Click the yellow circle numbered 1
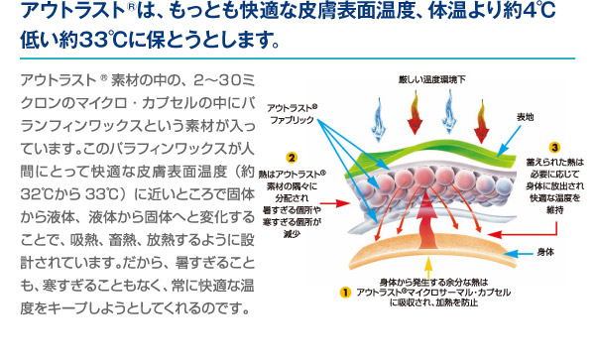coord(345,293)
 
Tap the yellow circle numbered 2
coord(292,158)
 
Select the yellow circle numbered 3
coord(554,147)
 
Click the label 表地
coord(526,117)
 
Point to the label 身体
coord(545,252)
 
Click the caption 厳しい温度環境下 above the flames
coord(431,79)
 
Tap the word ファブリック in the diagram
coord(293,120)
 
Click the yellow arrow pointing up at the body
coord(428,269)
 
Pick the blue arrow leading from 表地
coord(509,141)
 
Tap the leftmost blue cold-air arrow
coord(379,119)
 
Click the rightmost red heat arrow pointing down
coord(481,121)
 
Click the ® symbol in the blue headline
coord(131,7)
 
